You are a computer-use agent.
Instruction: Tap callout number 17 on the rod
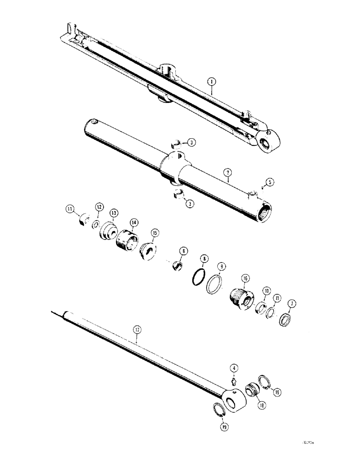pos(137,329)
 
